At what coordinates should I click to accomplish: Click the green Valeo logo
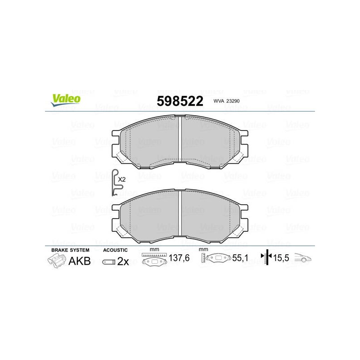click(66, 100)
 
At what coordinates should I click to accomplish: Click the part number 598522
click(180, 101)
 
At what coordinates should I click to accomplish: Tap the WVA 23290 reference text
click(226, 101)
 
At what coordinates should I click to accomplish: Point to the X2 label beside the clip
click(121, 180)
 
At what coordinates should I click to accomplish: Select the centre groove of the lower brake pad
click(180, 213)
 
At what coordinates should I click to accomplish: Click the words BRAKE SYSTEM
click(70, 250)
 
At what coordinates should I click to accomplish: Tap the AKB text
click(80, 261)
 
